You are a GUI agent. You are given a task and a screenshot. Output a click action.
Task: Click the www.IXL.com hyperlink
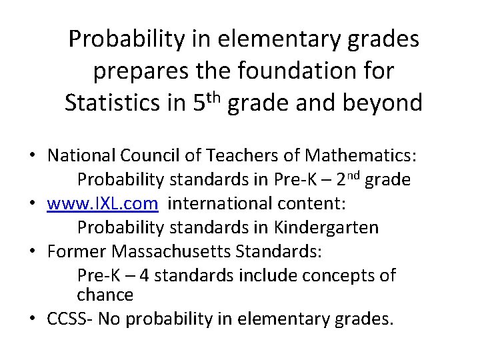coord(103,203)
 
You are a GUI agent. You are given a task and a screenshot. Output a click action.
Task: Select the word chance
coord(105,294)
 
